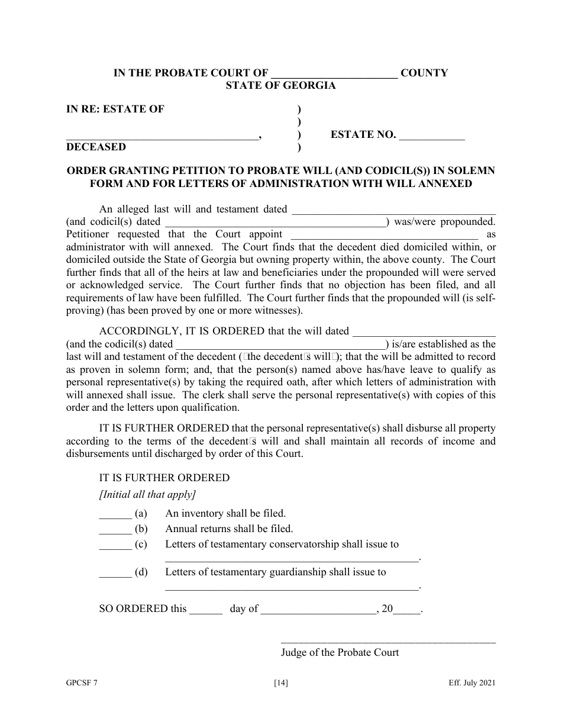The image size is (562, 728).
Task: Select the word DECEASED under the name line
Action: point(96,147)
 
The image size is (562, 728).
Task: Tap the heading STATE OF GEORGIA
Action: point(280,85)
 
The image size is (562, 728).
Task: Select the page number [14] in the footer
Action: point(281,684)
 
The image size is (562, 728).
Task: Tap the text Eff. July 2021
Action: point(471,684)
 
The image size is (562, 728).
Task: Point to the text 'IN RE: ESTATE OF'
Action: point(115,109)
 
